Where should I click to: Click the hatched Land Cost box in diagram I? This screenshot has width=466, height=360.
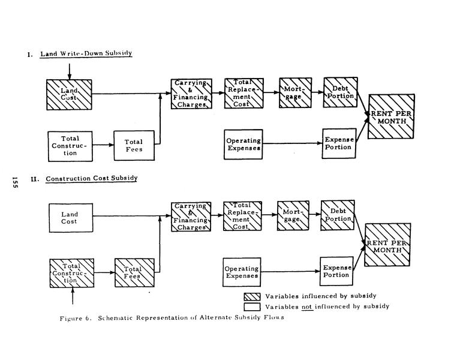pos(70,94)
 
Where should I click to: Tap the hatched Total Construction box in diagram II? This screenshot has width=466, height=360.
pos(71,272)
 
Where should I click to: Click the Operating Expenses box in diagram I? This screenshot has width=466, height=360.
pos(243,144)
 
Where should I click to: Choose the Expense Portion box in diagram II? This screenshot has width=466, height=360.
pos(336,271)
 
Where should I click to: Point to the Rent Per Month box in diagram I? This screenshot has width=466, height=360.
pos(391,116)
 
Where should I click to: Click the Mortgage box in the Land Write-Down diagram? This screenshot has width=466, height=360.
pos(295,93)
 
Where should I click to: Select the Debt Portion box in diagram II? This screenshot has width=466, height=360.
pos(336,214)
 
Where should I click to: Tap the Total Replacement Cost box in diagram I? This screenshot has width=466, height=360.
pos(242,93)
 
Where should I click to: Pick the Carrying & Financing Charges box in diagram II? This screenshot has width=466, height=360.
pos(190,217)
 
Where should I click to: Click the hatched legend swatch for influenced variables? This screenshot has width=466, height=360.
pos(251,296)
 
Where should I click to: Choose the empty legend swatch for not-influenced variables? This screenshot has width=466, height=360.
pos(251,306)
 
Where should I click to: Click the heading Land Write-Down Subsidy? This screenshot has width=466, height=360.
pos(86,54)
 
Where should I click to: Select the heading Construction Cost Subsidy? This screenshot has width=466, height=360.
pos(92,178)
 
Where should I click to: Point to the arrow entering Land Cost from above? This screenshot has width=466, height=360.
pos(70,71)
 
